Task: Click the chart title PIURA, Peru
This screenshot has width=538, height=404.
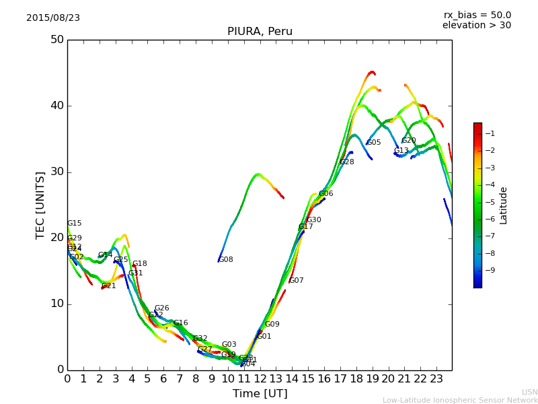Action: (260, 32)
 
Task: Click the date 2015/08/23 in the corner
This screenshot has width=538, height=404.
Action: (53, 18)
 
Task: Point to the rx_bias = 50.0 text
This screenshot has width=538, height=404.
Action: (477, 15)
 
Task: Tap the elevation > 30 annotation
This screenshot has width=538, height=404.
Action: (476, 26)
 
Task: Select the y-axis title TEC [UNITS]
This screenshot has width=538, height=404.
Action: (40, 205)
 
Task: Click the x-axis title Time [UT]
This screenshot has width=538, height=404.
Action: (260, 394)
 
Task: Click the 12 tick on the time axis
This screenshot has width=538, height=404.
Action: (260, 379)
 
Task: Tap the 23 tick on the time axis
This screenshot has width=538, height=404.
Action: (436, 379)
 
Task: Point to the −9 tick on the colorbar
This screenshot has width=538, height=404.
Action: (490, 271)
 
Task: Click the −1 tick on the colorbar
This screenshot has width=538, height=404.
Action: (490, 133)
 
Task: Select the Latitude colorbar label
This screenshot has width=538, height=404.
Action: (504, 205)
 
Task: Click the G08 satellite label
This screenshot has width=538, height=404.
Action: (226, 260)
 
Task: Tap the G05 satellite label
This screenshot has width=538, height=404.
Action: (374, 143)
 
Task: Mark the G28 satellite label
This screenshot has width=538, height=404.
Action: (347, 162)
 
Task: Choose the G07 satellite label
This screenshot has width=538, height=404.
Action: (297, 281)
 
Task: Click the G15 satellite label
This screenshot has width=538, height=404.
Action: (75, 224)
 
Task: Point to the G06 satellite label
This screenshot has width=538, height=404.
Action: (326, 194)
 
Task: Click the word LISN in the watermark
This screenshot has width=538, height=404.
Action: (529, 392)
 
